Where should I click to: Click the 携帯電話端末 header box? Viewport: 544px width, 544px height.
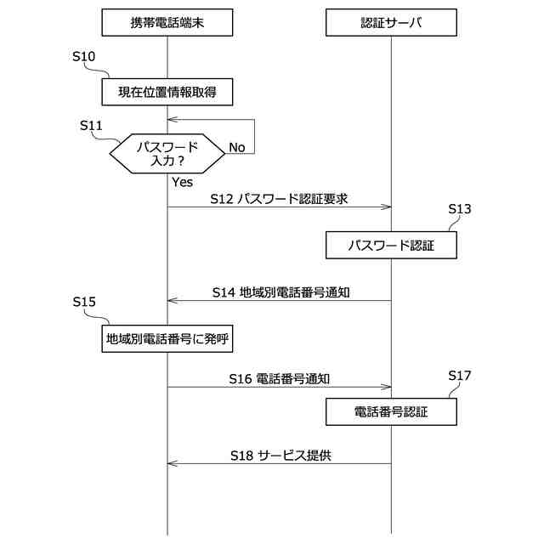pyautogui.click(x=167, y=24)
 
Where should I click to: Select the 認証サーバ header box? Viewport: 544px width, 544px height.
pyautogui.click(x=391, y=24)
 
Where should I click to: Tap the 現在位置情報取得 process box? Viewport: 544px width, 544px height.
pyautogui.click(x=167, y=90)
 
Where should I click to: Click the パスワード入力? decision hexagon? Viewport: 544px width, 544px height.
pyautogui.click(x=167, y=154)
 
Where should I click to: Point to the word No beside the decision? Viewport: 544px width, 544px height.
pyautogui.click(x=237, y=148)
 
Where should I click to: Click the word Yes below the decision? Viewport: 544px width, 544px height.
pyautogui.click(x=183, y=182)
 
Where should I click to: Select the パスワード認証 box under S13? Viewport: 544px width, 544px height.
pyautogui.click(x=391, y=246)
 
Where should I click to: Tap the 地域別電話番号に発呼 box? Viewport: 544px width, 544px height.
pyautogui.click(x=168, y=339)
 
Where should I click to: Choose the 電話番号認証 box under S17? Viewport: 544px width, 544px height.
pyautogui.click(x=391, y=413)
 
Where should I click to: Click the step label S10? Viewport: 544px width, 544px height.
pyautogui.click(x=85, y=56)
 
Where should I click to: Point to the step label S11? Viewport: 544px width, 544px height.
pyautogui.click(x=91, y=125)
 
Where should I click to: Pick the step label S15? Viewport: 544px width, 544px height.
pyautogui.click(x=85, y=302)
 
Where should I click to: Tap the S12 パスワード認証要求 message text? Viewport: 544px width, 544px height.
pyautogui.click(x=280, y=199)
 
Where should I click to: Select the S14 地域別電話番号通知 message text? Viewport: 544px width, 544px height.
pyautogui.click(x=282, y=292)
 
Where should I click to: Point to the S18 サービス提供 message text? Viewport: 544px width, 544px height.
pyautogui.click(x=280, y=455)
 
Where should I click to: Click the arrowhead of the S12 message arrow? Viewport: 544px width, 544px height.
pyautogui.click(x=387, y=207)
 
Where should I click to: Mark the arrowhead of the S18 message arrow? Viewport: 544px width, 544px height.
pyautogui.click(x=172, y=463)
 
